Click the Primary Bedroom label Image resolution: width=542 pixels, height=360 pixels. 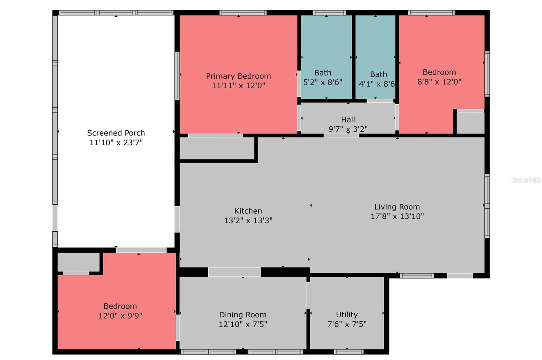coord(238,76)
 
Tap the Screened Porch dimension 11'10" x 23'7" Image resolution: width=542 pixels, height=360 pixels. coord(116,143)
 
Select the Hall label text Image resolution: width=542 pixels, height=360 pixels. coord(348,120)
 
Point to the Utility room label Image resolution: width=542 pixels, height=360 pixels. coord(347,315)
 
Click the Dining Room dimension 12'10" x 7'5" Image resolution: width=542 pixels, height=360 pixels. coord(243,324)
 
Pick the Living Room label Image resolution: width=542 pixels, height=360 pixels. coord(397,207)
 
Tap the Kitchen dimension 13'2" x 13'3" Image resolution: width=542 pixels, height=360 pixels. coord(248,220)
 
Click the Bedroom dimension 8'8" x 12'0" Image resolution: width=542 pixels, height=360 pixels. coord(439,82)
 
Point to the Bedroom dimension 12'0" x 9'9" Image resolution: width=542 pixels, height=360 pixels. coord(120,316)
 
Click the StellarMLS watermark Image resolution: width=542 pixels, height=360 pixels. coord(526,180)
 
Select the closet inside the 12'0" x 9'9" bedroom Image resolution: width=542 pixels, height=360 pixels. coord(78,262)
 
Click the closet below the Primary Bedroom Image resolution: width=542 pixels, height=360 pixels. coord(217,148)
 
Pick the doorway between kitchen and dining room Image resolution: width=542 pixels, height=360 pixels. coord(234,272)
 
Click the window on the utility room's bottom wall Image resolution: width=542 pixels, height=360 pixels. coord(349,352)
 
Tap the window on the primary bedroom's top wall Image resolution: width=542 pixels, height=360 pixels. coord(243,13)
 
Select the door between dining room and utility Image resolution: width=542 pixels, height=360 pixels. coord(308,295)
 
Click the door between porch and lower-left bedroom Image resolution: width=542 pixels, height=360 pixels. coord(141,250)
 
